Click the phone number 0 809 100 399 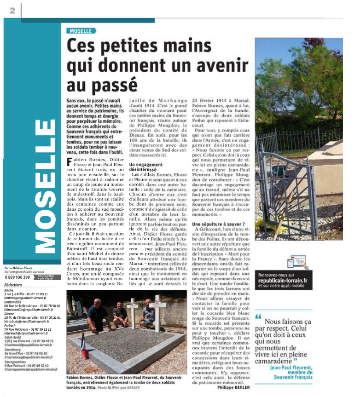click(17, 277)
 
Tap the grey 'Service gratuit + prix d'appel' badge click(44, 277)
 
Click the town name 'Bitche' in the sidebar click(9, 291)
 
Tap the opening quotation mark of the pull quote click(258, 316)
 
